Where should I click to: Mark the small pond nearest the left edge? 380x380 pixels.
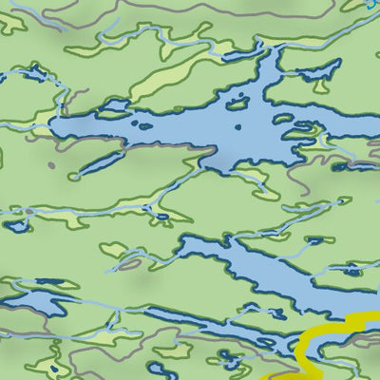[x=14, y=226]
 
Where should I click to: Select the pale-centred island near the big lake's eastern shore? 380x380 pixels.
[x=299, y=133]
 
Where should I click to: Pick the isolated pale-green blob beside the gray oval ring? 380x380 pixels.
[x=112, y=250]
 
